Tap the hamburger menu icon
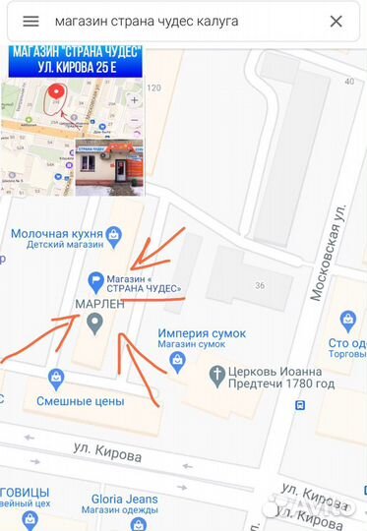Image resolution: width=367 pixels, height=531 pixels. coord(31,21)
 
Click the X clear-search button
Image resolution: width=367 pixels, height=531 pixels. coord(336,21)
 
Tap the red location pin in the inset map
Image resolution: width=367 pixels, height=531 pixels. coord(57,93)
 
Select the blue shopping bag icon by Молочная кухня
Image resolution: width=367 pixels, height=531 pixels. coord(115,233)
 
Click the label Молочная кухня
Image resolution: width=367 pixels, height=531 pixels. coord(57,233)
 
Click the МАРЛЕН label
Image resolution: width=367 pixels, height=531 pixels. coord(100,304)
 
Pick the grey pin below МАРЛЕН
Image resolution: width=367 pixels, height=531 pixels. coord(95,324)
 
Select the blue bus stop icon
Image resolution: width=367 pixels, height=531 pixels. coord(299,404)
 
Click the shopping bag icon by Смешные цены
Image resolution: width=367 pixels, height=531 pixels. coord(56,378)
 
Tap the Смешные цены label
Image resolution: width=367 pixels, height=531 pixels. coord(80,400)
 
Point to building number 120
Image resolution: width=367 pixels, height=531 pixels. coord(153,88)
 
